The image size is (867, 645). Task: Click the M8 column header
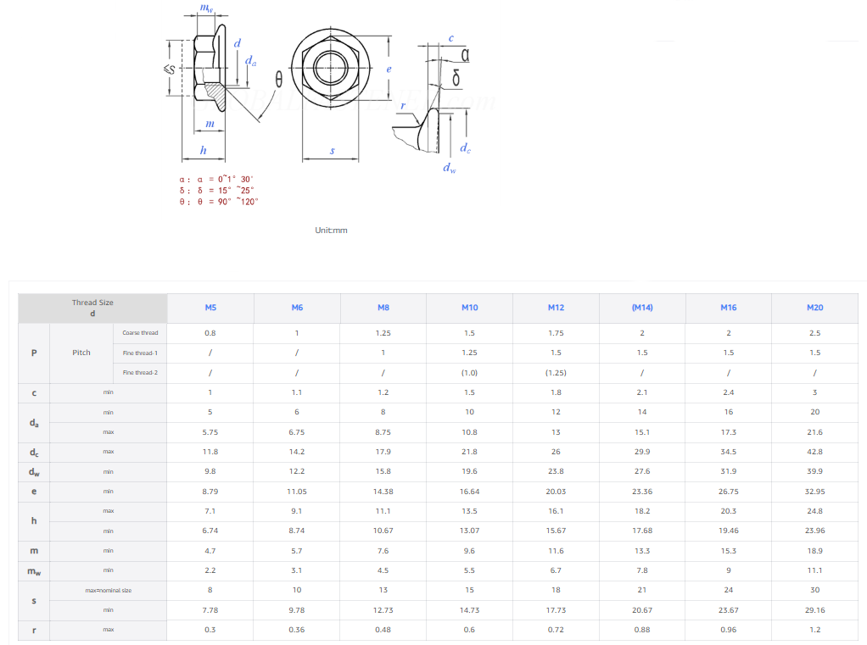click(383, 308)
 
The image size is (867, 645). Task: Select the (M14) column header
click(641, 308)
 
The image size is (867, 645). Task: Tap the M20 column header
click(814, 308)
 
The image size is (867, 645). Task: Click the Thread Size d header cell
click(92, 308)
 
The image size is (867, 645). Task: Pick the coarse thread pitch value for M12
click(556, 333)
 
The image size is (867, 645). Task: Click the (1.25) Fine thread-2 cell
click(556, 373)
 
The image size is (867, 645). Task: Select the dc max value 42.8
click(814, 452)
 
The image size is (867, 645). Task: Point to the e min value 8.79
click(210, 492)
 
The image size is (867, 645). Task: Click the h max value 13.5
click(469, 511)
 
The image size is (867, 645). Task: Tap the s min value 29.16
click(814, 610)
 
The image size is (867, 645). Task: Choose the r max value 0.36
click(297, 630)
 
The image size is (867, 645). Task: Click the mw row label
click(34, 571)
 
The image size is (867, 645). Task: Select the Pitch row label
click(81, 353)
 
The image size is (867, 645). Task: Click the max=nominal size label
click(109, 590)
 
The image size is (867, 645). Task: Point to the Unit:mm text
click(331, 231)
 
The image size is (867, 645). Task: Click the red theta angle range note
click(218, 202)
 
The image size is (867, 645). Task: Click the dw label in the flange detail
click(449, 168)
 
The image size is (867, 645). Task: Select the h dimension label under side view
click(203, 150)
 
